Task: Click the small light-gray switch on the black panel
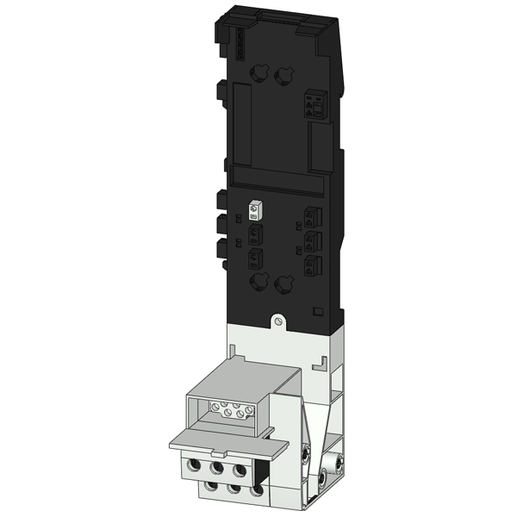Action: [254, 211]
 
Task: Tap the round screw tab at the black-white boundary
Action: [277, 321]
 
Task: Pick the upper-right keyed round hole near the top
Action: [282, 78]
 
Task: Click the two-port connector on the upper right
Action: [312, 106]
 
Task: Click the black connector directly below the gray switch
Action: [254, 234]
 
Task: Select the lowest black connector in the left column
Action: [254, 259]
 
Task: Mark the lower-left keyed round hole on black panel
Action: [257, 283]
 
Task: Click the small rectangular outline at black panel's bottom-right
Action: [317, 308]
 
